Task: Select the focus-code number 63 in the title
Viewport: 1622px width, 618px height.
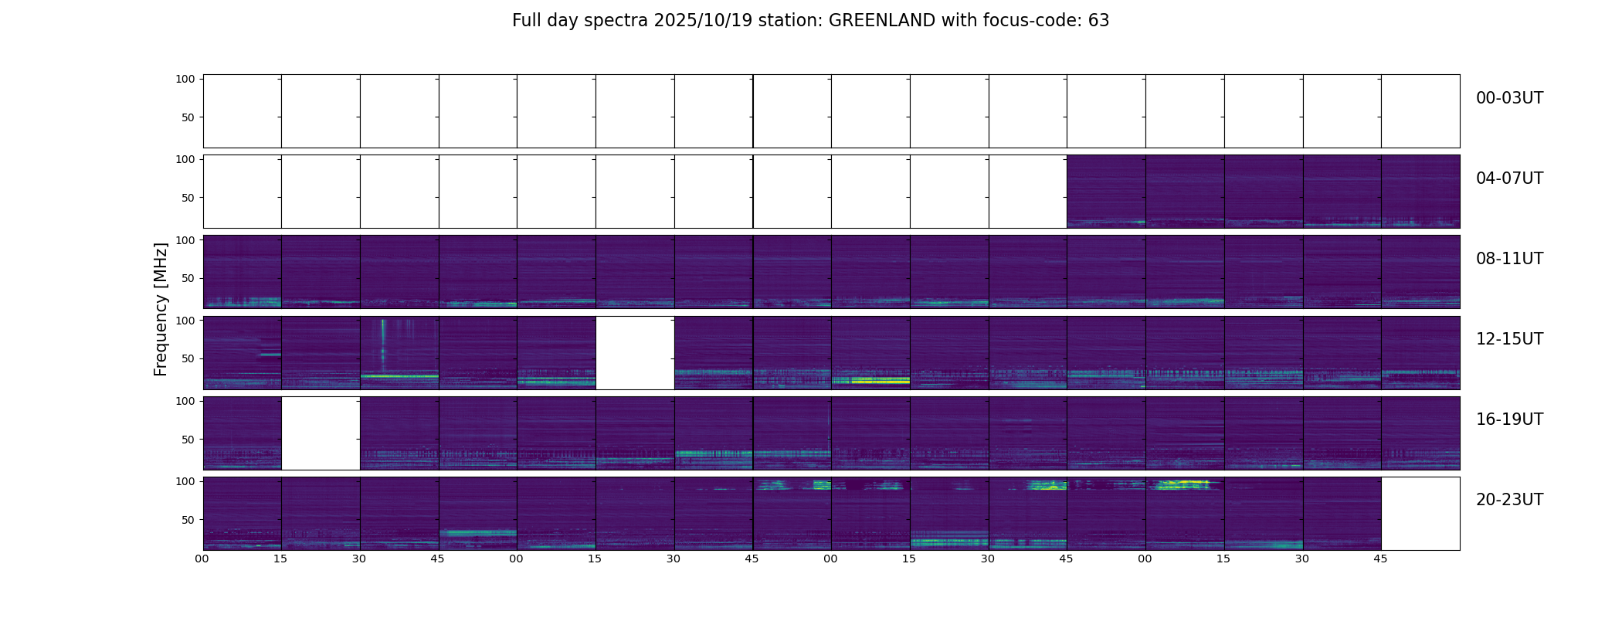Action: [1099, 21]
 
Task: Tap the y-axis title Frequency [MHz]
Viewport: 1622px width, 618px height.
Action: [161, 309]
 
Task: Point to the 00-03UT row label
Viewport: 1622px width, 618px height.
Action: [1509, 98]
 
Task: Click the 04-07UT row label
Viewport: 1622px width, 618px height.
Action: [1509, 178]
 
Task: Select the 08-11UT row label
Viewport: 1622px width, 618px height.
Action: [1509, 259]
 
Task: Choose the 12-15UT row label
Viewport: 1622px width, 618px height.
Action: [1509, 339]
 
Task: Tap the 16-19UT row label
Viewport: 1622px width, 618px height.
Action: [1509, 419]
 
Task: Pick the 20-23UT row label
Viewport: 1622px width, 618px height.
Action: [1509, 500]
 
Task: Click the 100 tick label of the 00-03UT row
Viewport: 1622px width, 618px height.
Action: [185, 79]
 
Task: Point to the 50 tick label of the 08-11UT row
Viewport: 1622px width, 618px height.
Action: [188, 278]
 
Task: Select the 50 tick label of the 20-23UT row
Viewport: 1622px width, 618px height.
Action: [188, 520]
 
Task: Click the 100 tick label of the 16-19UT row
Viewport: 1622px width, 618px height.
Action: [185, 401]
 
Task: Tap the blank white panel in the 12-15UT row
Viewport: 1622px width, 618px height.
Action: [635, 352]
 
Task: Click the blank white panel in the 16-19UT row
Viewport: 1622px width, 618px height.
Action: [321, 433]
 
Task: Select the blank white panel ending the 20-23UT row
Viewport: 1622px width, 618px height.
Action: [1420, 513]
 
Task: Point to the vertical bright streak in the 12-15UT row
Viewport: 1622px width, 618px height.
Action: [383, 340]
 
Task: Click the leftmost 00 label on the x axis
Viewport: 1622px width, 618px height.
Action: [202, 559]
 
